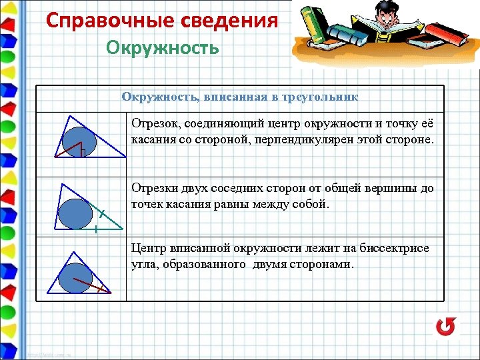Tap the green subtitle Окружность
[x=162, y=48]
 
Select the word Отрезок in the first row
[x=153, y=124]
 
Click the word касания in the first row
[x=151, y=141]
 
